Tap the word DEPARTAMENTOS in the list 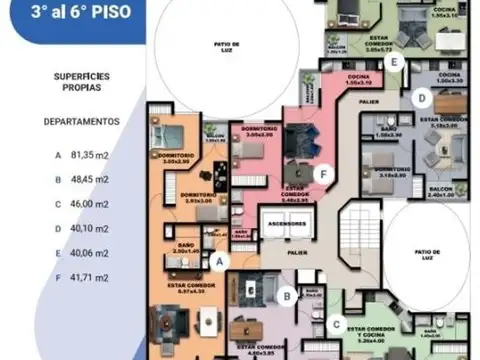pos(81,121)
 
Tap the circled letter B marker pos(286,295)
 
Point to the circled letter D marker pos(423,98)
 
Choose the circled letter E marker pos(395,62)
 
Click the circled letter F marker pos(321,173)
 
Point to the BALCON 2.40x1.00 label pos(440,193)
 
